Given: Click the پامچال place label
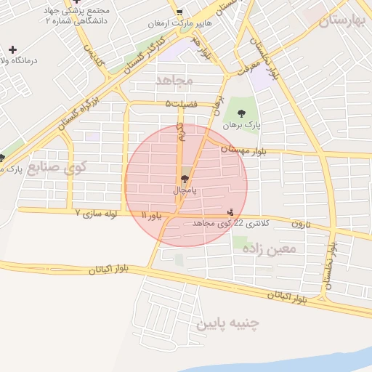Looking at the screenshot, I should tap(185, 190).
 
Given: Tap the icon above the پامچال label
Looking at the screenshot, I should tap(185, 178).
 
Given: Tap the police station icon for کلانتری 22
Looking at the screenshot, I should tap(231, 212).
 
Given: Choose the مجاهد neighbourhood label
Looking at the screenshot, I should tap(174, 78).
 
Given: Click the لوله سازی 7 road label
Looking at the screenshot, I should tap(102, 214).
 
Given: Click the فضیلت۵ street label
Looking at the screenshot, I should tap(181, 104).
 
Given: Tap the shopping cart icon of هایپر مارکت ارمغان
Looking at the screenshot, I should tap(179, 12).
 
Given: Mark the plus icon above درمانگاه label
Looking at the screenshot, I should tap(12, 49).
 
